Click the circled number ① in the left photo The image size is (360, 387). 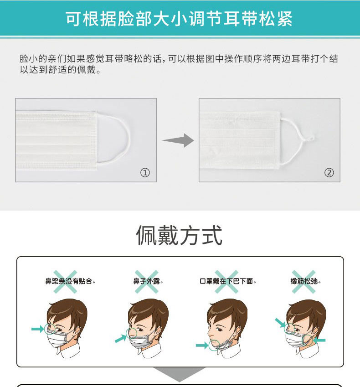(145, 172)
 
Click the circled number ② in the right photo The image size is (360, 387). (329, 172)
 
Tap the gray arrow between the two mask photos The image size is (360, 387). (178, 140)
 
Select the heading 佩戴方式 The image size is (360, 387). (180, 236)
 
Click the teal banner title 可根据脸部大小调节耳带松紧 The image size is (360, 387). (179, 19)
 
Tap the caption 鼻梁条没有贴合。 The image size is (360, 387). (70, 281)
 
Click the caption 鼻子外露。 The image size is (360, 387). (148, 281)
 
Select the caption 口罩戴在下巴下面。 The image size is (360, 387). (228, 281)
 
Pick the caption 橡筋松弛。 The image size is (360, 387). (305, 281)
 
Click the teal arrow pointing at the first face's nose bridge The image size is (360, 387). (37, 329)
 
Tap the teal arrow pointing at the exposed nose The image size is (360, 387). (121, 338)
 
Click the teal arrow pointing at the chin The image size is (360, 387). (202, 345)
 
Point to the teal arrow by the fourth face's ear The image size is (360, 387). (319, 341)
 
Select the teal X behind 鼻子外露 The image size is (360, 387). (147, 282)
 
